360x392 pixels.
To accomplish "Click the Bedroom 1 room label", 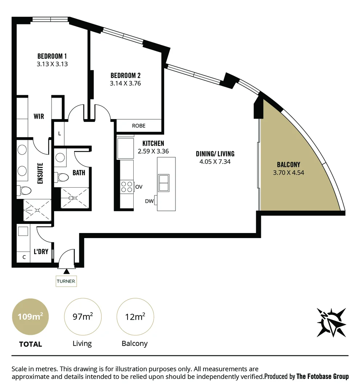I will [52, 56].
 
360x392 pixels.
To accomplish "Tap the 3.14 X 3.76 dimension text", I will [125, 83].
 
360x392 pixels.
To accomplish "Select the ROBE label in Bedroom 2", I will [139, 126].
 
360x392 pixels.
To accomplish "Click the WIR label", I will [39, 117].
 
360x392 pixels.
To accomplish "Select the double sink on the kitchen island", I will [163, 183].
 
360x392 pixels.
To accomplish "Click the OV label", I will [138, 187].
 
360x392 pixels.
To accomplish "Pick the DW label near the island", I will [149, 201].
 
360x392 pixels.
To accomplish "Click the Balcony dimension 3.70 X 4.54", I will [288, 173].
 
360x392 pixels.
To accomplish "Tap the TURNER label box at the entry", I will [66, 281].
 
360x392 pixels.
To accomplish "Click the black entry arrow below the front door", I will [66, 271].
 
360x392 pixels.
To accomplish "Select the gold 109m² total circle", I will [31, 317].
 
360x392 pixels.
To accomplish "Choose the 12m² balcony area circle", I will [135, 317].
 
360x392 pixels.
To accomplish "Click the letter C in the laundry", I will [24, 257].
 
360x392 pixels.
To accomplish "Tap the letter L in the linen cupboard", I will [60, 134].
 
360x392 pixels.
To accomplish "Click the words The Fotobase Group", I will [323, 376].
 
